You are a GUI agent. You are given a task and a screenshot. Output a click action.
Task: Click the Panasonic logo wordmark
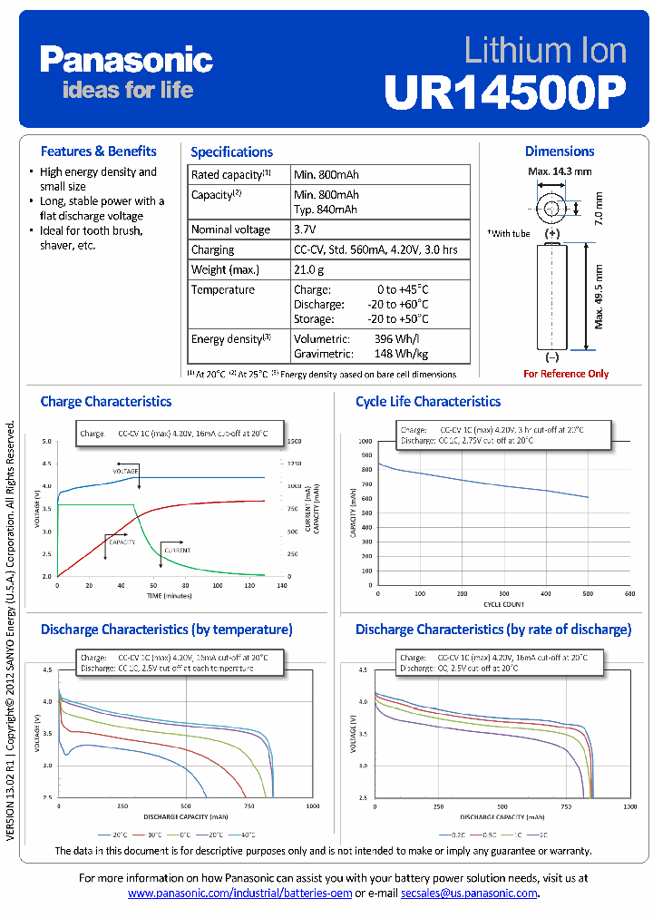pos(126,61)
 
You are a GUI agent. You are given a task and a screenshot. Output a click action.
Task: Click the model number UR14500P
pos(504,90)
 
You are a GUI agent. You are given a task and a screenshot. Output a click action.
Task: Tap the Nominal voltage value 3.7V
pos(306,229)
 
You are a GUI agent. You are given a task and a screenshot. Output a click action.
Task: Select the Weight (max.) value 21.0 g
pos(309,269)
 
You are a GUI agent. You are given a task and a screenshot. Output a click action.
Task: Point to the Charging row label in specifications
pos(212,249)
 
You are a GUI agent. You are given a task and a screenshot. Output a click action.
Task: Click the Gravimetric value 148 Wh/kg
pos(401,354)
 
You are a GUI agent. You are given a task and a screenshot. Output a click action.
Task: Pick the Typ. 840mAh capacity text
pos(326,210)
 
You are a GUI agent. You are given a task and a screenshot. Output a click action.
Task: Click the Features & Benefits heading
pos(98,151)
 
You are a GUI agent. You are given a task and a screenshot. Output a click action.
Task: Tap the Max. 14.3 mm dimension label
pos(560,171)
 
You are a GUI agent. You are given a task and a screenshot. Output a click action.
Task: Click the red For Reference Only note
pos(566,374)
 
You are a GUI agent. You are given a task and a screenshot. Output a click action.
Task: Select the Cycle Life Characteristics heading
pos(428,402)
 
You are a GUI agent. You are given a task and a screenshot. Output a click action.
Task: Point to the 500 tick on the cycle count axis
pos(587,594)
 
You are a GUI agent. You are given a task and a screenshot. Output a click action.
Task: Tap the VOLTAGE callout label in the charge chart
pos(125,472)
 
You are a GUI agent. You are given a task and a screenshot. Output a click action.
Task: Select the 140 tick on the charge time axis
pos(282,586)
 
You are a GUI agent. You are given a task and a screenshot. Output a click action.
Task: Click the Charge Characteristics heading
pos(106,402)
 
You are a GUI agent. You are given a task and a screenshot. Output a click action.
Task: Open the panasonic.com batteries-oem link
pos(239,894)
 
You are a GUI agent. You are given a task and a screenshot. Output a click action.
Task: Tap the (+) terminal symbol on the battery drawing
pos(552,233)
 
